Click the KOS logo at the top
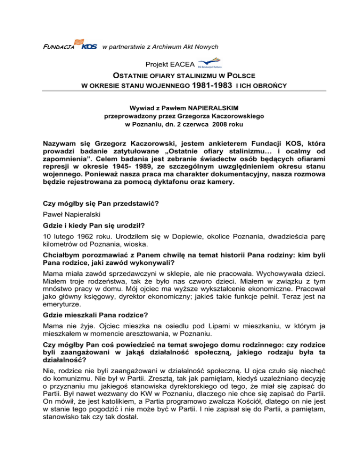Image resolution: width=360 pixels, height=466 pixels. pos(89,45)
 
